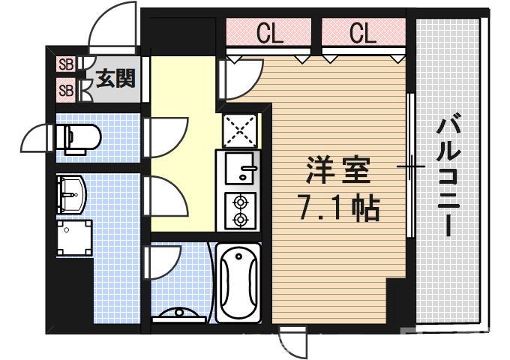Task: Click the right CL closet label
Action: (x=362, y=33)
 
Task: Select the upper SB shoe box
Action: (x=66, y=64)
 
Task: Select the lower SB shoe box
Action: (x=66, y=91)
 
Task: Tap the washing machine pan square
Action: (x=76, y=238)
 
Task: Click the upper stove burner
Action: (x=241, y=202)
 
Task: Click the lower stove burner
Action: (x=241, y=219)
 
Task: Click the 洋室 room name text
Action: (x=337, y=172)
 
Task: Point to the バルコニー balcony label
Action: (x=449, y=174)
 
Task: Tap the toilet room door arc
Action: (x=37, y=139)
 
